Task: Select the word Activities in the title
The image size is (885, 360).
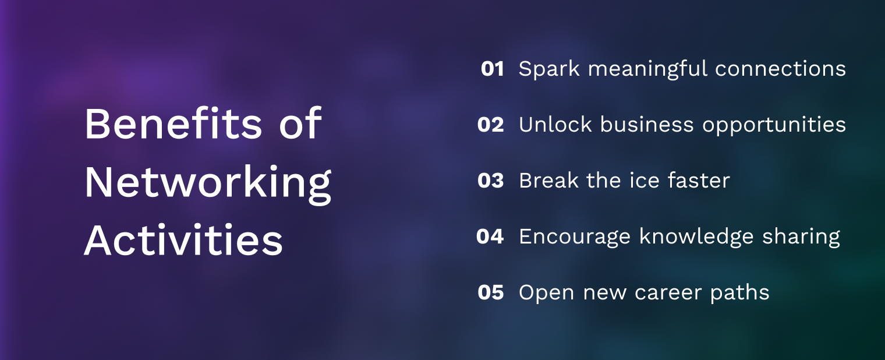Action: (183, 240)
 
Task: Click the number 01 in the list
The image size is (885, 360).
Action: (492, 69)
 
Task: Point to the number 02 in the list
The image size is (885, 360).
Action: (491, 125)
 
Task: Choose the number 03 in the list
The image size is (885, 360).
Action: (491, 181)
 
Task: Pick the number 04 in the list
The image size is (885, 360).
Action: (490, 237)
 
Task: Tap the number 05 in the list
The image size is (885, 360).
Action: (491, 292)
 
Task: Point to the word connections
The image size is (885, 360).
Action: (780, 69)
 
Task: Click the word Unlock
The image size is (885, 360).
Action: (554, 125)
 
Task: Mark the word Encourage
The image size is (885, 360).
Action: (575, 237)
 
